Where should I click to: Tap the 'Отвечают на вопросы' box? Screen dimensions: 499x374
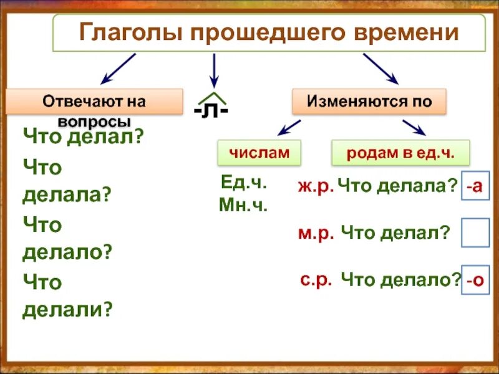94,102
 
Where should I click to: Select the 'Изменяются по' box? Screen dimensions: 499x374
370,101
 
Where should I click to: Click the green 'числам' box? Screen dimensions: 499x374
259,152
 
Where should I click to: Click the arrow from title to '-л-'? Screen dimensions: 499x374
214,70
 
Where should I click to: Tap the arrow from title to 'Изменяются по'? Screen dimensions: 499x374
380,68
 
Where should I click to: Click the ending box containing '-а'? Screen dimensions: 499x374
475,186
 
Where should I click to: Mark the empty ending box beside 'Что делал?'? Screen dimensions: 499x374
475,233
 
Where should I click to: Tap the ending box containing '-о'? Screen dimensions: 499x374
475,280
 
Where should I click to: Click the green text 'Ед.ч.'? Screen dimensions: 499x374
243,183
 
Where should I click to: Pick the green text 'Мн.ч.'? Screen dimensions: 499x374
243,205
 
